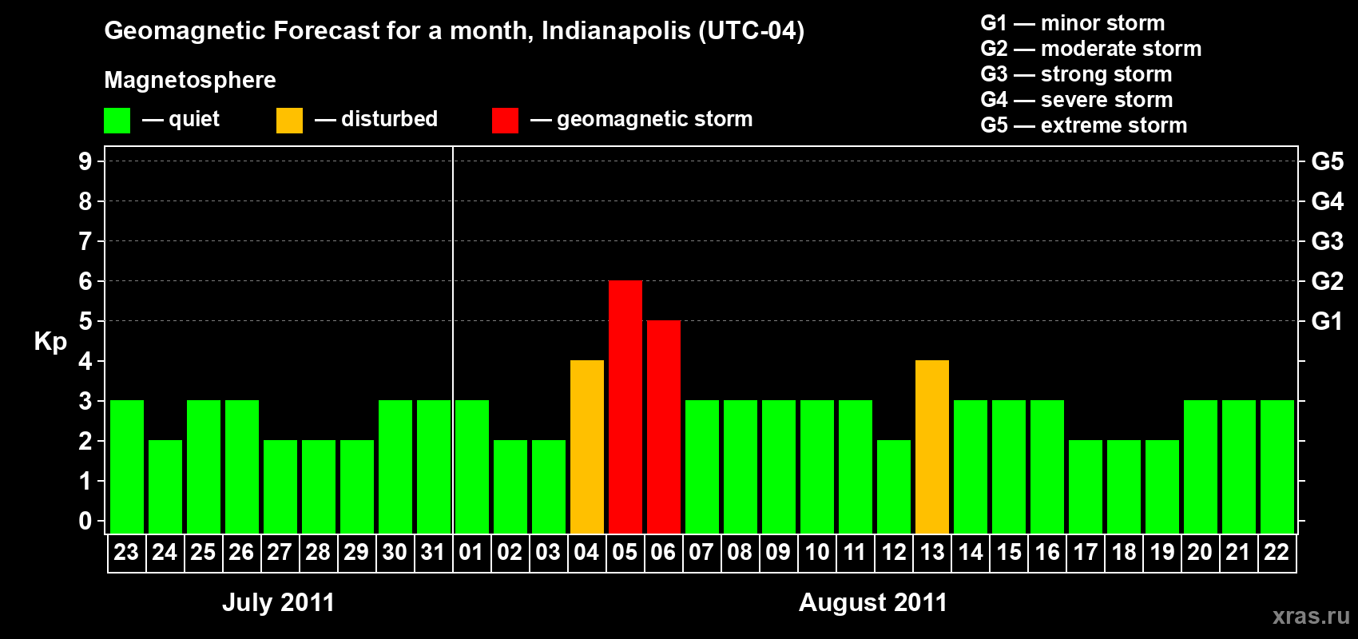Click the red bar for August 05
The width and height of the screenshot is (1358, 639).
click(x=625, y=407)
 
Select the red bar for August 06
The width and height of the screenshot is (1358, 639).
click(x=664, y=427)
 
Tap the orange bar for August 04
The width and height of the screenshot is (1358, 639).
click(x=587, y=447)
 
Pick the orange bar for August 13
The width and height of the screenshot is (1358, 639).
click(x=932, y=447)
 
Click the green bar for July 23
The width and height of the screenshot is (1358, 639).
click(x=127, y=466)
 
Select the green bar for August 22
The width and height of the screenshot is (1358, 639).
click(x=1277, y=466)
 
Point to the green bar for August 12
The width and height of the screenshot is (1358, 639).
click(x=894, y=486)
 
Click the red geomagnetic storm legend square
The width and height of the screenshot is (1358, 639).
click(x=505, y=121)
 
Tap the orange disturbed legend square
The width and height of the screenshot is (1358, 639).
click(x=289, y=121)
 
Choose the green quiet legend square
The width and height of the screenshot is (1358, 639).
click(x=117, y=121)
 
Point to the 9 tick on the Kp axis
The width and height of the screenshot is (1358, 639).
click(x=85, y=161)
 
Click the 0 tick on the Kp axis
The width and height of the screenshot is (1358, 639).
click(x=85, y=522)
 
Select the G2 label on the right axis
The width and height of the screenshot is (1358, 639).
click(x=1327, y=281)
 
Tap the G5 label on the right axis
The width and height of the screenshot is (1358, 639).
click(x=1327, y=161)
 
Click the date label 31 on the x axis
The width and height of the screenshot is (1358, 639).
click(x=433, y=553)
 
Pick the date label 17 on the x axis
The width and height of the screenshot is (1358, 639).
click(x=1086, y=553)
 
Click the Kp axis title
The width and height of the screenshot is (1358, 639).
click(x=50, y=342)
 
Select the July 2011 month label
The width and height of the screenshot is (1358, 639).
click(x=278, y=602)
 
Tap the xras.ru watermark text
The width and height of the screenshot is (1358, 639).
click(x=1311, y=616)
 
